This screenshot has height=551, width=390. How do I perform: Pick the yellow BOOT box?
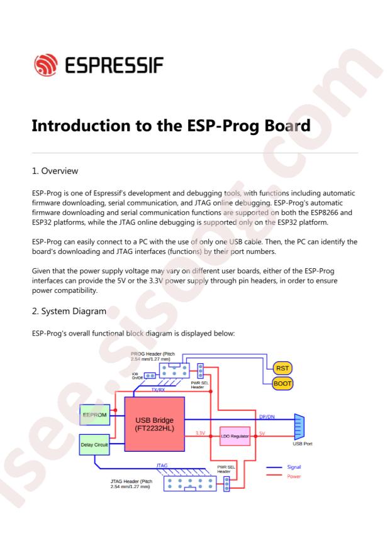(283, 383)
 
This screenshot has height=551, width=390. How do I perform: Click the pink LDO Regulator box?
(234, 435)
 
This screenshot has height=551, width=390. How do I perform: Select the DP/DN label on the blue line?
(267, 416)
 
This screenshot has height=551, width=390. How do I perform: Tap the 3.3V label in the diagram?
(201, 432)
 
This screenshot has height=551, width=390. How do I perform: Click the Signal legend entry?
(294, 467)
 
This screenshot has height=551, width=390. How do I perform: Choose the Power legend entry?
(294, 476)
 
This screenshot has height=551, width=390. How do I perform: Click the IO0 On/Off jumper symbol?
(150, 376)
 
